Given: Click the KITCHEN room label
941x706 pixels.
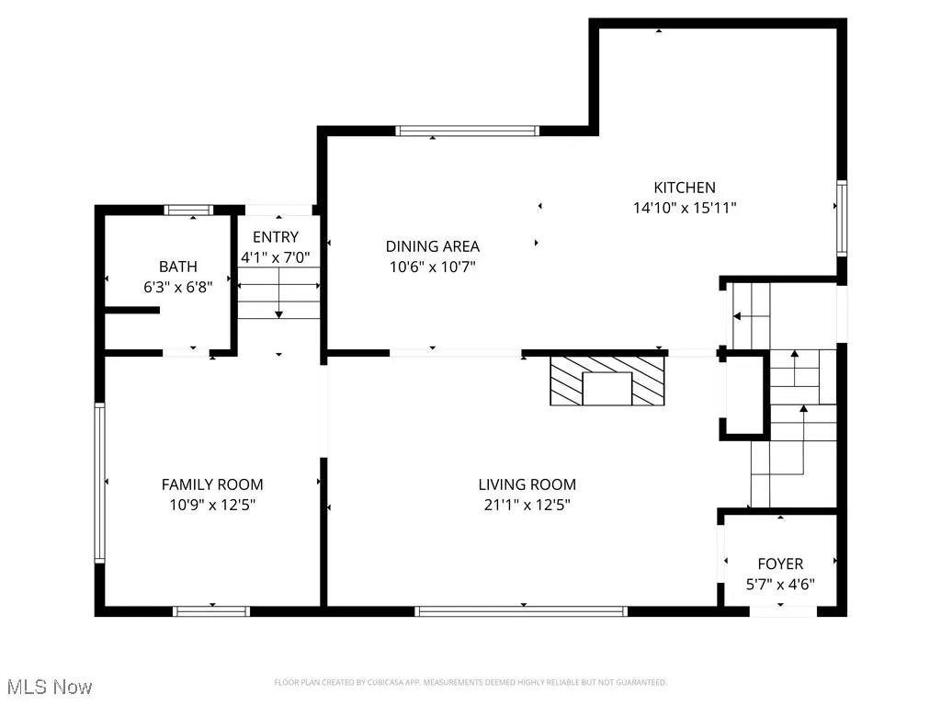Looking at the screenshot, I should (685, 188).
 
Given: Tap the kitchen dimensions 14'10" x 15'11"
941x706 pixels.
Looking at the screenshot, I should (685, 208).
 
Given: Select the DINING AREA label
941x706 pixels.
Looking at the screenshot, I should (432, 245).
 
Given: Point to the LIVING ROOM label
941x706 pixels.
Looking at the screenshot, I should (527, 484).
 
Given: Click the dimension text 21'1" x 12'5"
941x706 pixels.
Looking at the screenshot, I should (527, 505).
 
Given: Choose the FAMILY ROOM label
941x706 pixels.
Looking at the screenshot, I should (212, 484).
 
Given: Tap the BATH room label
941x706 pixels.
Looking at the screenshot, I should (177, 267).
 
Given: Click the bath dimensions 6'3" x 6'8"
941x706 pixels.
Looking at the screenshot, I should (177, 286).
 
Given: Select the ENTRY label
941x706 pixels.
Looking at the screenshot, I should (276, 237).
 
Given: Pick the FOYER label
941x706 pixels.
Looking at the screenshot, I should (780, 564).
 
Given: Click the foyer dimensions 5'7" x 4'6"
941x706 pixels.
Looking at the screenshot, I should (780, 584).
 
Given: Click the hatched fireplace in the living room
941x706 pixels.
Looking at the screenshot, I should (607, 381).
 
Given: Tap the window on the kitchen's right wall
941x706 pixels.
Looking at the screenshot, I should (841, 218).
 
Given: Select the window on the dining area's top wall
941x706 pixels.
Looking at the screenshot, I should (467, 131).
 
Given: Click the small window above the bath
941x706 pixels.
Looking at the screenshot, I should (188, 210).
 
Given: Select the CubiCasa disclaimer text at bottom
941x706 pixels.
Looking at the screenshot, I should (470, 682).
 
